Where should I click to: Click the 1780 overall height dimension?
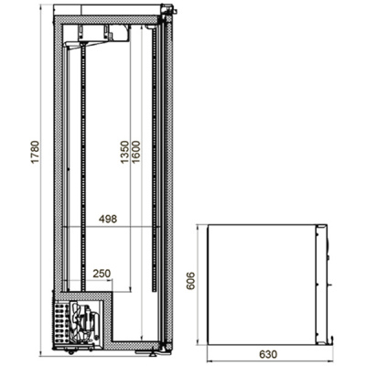click(x=36, y=152)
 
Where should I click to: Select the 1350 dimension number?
click(x=124, y=152)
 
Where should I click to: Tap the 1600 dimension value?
click(x=135, y=152)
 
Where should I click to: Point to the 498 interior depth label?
click(x=108, y=219)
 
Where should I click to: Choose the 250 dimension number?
click(x=102, y=274)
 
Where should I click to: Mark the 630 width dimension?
click(x=268, y=354)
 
